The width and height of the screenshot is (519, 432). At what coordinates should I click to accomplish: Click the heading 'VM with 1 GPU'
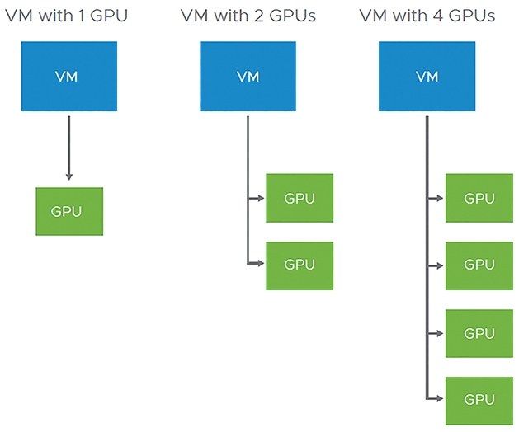tap(67, 16)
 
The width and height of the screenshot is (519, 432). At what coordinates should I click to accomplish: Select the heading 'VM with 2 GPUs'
tap(248, 16)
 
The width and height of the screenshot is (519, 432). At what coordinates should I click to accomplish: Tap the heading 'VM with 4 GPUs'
tap(427, 16)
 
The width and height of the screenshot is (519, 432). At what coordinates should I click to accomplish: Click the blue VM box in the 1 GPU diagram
tap(69, 76)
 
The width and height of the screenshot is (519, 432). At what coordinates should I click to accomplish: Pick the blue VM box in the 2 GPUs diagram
tap(248, 76)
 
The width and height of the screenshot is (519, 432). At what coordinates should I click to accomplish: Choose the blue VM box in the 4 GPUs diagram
tap(427, 76)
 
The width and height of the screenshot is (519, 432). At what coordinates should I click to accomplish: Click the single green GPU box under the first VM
tap(69, 211)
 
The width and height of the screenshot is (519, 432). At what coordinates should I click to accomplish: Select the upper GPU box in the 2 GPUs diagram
tap(300, 198)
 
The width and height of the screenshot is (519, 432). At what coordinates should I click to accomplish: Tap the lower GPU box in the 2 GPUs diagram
tap(300, 266)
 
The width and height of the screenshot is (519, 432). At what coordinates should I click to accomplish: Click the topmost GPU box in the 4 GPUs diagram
tap(479, 198)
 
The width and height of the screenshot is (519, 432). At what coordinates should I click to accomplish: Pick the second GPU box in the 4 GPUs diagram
tap(479, 266)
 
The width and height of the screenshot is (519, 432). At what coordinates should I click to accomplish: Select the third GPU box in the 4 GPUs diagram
tap(479, 333)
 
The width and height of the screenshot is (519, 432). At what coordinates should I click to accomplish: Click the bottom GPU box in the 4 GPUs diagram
tap(479, 401)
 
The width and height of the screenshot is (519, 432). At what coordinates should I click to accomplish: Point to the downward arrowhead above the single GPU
tap(69, 176)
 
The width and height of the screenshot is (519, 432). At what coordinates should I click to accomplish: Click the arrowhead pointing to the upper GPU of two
tap(261, 198)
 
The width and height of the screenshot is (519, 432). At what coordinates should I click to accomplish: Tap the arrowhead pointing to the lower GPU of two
tap(261, 263)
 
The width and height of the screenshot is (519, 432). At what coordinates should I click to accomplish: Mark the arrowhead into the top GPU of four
tap(440, 198)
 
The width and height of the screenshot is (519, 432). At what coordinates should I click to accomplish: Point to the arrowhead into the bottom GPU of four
tap(440, 398)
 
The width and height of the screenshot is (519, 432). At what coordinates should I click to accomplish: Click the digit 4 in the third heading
tap(438, 16)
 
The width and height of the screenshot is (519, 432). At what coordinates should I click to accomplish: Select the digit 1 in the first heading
tap(82, 16)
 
